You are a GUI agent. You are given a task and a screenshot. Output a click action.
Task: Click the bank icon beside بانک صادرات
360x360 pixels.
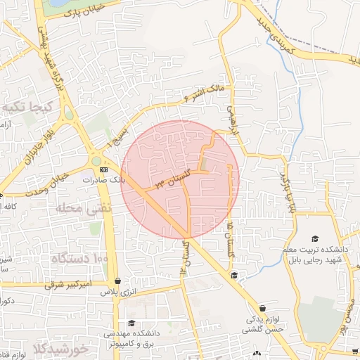pyautogui.click(x=104, y=170)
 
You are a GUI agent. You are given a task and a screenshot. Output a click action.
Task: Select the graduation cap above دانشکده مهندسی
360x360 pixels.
pyautogui.click(x=131, y=323)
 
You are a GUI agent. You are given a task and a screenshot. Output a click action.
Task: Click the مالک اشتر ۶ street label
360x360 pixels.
pyautogui.click(x=202, y=93)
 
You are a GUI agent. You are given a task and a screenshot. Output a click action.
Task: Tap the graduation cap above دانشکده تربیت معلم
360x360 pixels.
pyautogui.click(x=314, y=240)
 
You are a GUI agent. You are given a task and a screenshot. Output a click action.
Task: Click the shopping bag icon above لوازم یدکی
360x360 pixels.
pyautogui.click(x=263, y=308)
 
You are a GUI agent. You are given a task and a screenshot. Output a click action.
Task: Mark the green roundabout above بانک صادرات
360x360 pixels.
pyautogui.click(x=96, y=161)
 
